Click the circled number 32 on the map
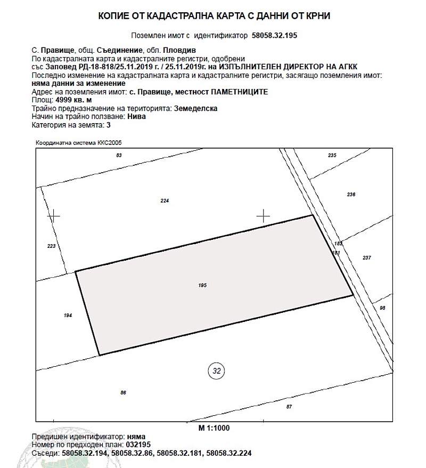point(216,370)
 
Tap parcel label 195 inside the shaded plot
point(202,286)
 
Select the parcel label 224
point(165,201)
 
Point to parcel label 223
point(51,246)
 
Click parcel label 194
point(68,316)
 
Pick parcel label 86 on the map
point(123,393)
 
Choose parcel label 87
point(289,407)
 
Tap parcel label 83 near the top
point(119,155)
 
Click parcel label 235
point(332,155)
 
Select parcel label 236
point(351,195)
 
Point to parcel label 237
point(366,257)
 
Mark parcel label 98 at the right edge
point(382,308)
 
